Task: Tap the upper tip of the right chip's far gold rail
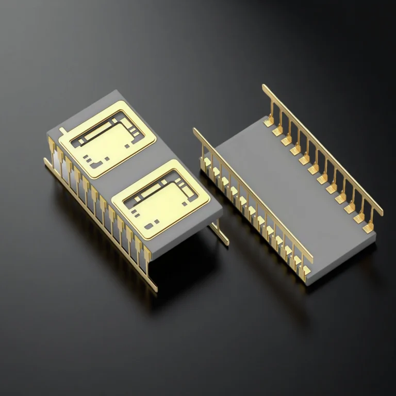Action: tap(264, 87)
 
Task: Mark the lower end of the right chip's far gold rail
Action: tap(382, 213)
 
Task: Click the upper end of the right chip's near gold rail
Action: tap(195, 130)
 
